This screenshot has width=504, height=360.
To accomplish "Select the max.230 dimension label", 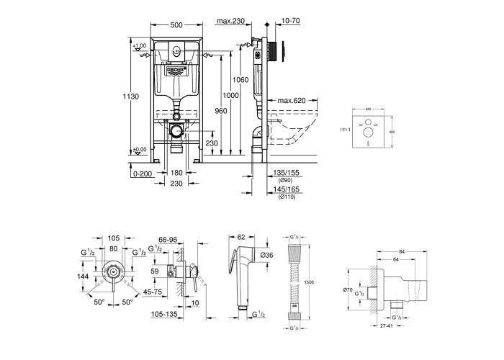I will click(233, 22).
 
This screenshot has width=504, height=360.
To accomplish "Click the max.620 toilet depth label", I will click(292, 99).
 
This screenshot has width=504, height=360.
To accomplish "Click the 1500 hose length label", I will click(308, 282).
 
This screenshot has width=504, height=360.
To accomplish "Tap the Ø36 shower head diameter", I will click(267, 256).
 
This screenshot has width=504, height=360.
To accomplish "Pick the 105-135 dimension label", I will click(165, 313).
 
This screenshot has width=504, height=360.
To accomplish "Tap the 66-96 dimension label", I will click(167, 239).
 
